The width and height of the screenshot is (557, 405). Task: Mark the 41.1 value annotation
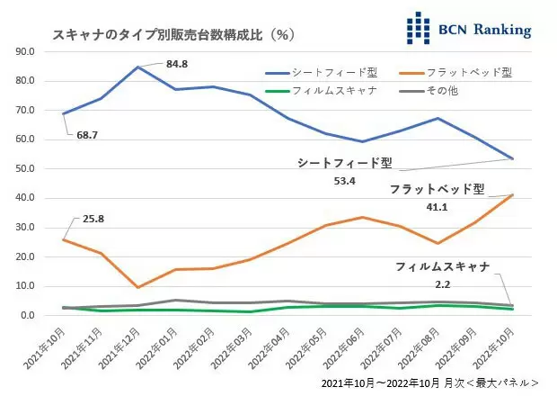click(x=437, y=206)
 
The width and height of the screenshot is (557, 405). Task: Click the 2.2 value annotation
click(x=443, y=283)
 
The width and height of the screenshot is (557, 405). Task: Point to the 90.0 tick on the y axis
click(x=26, y=51)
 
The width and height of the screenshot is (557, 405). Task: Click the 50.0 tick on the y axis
click(x=26, y=168)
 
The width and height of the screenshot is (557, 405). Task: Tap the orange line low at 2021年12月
click(x=137, y=287)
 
